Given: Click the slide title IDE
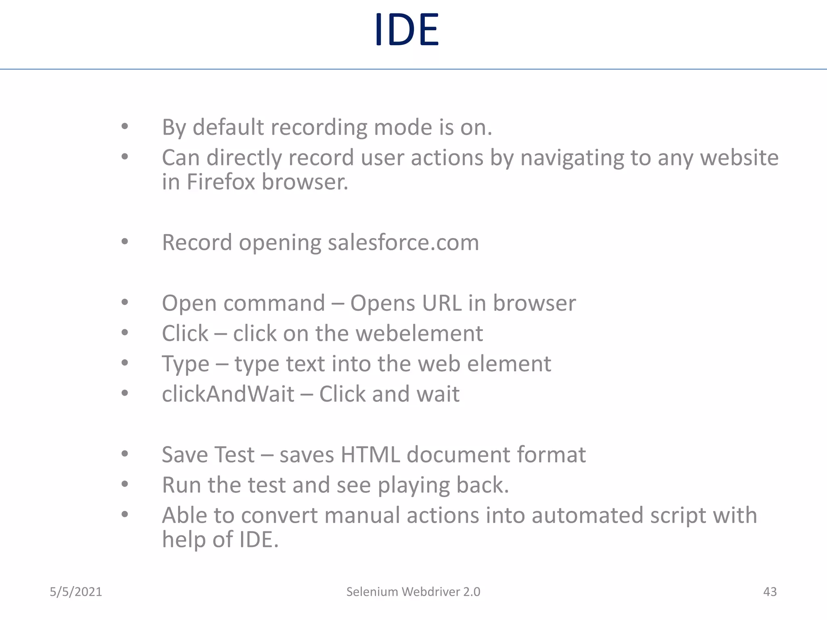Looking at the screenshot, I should [407, 29].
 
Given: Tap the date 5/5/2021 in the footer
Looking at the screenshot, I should [76, 592].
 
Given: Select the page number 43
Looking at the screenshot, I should [770, 592].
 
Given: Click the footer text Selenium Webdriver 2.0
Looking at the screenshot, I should [413, 592].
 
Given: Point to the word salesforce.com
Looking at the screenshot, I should [403, 243].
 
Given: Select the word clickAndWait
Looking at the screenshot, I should [228, 394].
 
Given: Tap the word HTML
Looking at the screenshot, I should [370, 455].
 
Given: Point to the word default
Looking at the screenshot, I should [228, 128].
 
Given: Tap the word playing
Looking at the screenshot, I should [413, 486].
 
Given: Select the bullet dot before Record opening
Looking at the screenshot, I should [125, 242].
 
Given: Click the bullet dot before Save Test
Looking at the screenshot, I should [125, 454].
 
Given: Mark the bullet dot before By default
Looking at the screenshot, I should [125, 127].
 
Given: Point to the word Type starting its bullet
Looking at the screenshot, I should [185, 364].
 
